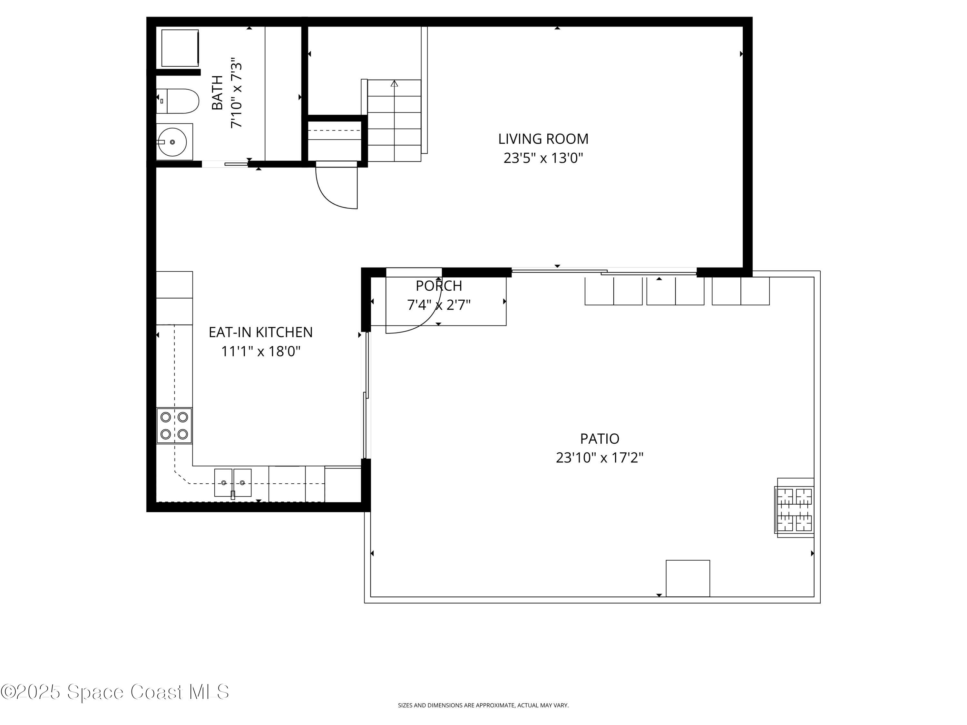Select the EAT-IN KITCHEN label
[260, 332]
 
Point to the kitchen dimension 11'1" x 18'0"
[260, 351]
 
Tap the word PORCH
[438, 286]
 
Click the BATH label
[217, 93]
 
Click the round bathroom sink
[172, 142]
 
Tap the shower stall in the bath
[180, 48]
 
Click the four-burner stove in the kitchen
[174, 425]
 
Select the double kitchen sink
[233, 482]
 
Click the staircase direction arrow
[394, 83]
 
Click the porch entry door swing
[415, 314]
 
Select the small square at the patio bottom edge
[687, 578]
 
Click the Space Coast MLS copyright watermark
[114, 692]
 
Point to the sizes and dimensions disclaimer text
[483, 705]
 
